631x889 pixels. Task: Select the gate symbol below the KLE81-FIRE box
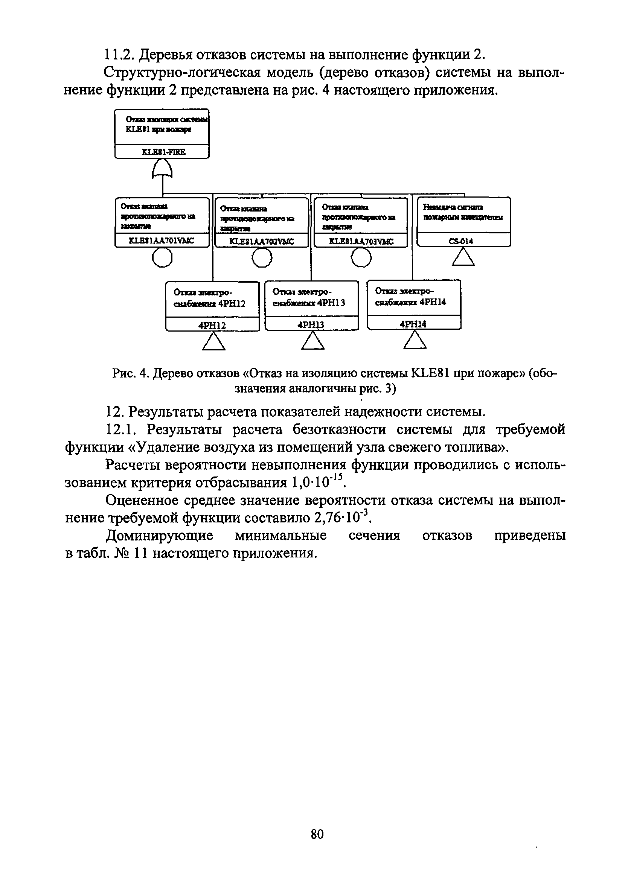point(162,170)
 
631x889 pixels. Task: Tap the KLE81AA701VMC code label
point(161,241)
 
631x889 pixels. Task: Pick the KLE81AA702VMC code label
point(262,242)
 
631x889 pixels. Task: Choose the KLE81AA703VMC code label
point(361,241)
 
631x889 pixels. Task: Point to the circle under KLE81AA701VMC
point(162,257)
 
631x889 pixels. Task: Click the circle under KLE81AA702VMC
point(262,257)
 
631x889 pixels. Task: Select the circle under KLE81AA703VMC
point(361,257)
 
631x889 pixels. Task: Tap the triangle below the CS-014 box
point(463,257)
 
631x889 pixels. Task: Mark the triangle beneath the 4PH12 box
point(213,342)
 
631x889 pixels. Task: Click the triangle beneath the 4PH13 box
point(313,342)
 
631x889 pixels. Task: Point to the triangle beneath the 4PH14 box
point(415,340)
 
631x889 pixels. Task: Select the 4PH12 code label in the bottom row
point(212,325)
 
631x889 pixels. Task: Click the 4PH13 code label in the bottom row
point(311,325)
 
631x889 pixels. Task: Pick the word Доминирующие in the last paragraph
point(160,536)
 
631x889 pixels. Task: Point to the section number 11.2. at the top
point(118,55)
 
